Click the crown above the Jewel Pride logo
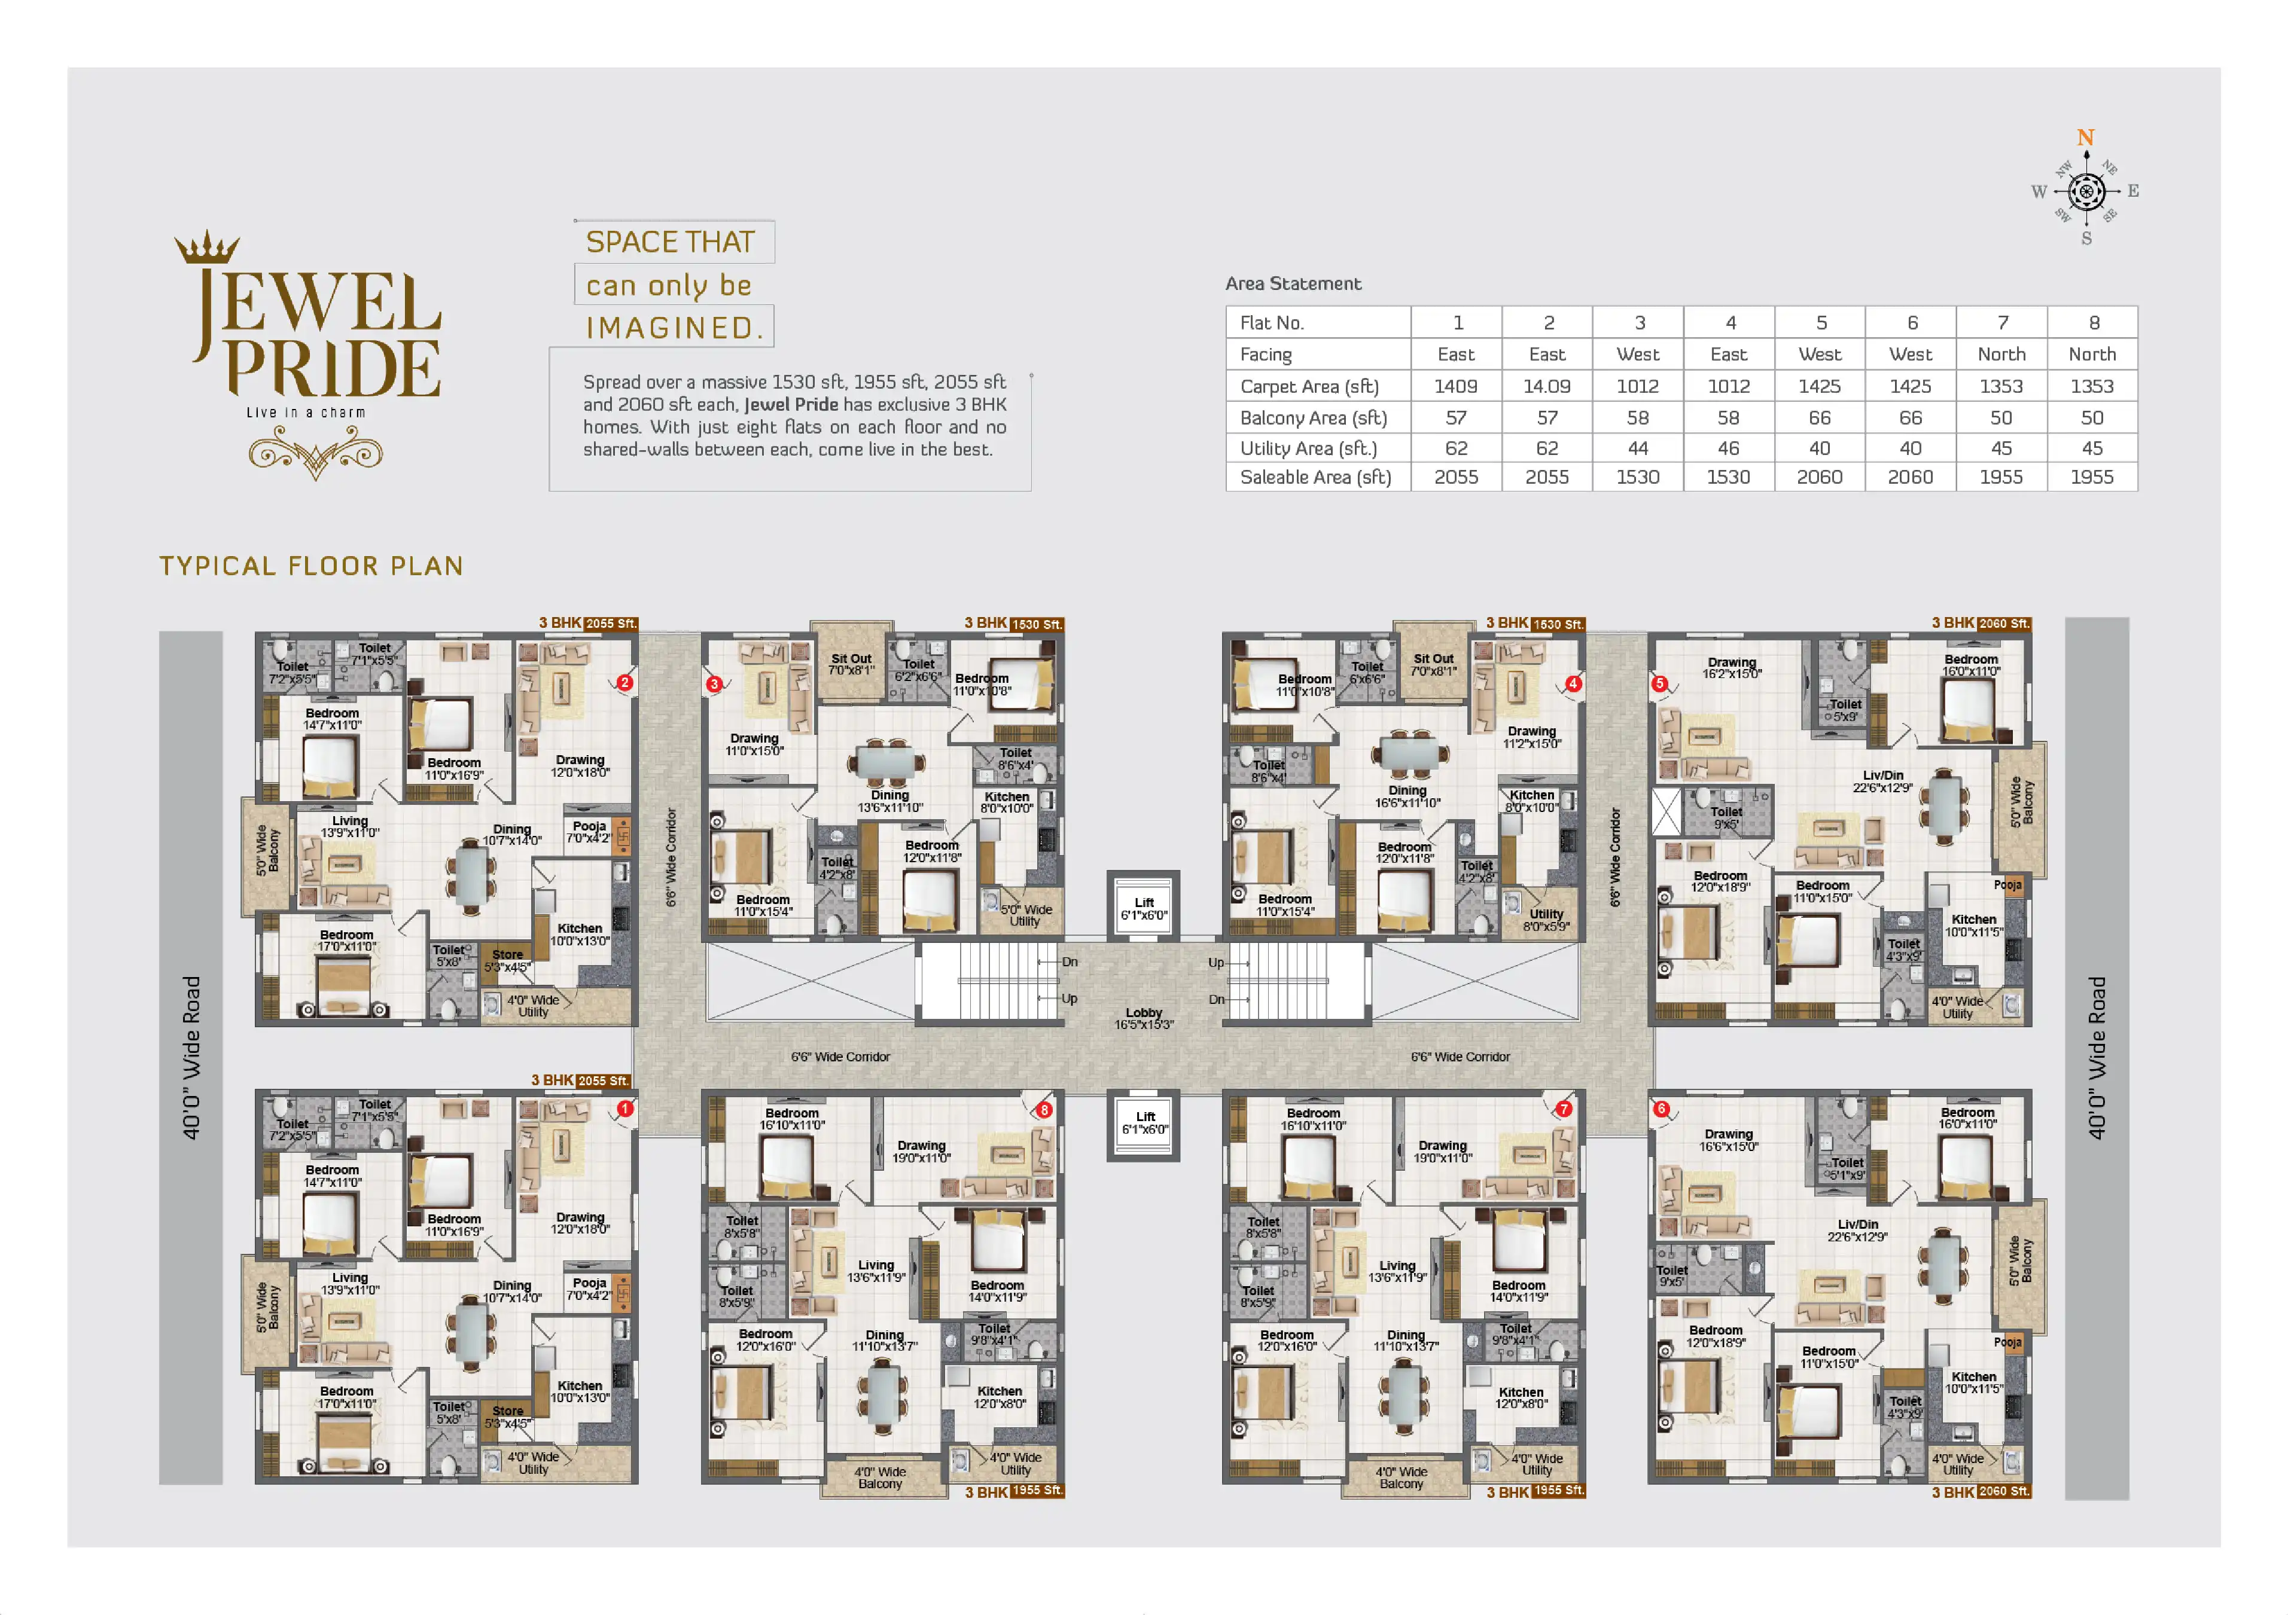208,247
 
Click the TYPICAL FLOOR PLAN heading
311,566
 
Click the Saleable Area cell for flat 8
2092,477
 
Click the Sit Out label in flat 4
1433,664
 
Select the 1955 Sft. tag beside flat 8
1037,1491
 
